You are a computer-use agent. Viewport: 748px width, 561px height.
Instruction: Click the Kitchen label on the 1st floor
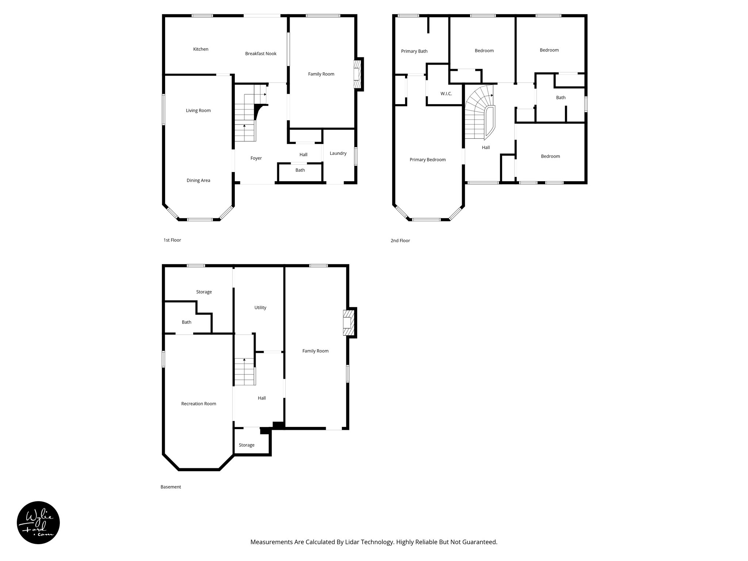point(201,49)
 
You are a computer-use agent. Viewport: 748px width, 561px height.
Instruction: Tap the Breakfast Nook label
point(260,54)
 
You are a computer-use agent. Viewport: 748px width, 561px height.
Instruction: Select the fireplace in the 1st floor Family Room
point(357,75)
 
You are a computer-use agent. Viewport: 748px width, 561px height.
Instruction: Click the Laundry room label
point(338,153)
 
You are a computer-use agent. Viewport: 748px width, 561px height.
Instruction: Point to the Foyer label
point(256,159)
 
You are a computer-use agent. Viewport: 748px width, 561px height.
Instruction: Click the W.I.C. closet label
point(446,94)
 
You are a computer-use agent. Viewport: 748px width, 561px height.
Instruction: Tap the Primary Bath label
point(414,51)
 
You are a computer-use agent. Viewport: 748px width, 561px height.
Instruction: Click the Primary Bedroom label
point(427,160)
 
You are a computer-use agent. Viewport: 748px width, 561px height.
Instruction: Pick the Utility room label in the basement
point(260,308)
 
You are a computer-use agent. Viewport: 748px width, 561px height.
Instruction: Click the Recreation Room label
point(199,404)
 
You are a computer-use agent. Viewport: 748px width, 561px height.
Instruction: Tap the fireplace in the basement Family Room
point(348,323)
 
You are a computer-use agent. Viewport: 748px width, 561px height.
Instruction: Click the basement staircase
point(244,372)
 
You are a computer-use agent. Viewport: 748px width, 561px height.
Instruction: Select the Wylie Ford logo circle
point(38,523)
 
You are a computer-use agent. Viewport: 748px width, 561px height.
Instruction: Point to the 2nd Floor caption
point(400,241)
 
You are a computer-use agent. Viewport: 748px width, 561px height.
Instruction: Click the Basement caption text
point(171,487)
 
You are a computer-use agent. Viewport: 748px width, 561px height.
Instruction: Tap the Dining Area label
point(198,180)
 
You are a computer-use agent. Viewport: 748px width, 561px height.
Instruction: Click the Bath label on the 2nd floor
point(561,98)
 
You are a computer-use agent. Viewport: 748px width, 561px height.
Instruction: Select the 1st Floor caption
point(172,240)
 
